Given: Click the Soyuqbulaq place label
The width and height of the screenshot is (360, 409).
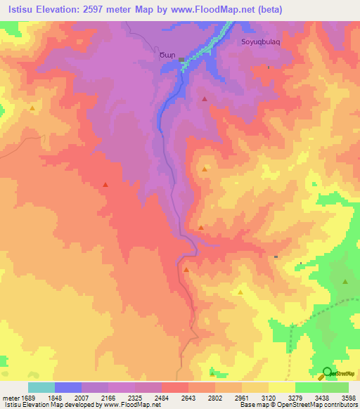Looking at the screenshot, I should click(x=261, y=41).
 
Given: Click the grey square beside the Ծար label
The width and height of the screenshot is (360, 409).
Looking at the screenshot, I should click(x=181, y=59).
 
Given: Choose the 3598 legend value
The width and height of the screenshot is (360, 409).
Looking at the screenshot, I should click(x=349, y=398).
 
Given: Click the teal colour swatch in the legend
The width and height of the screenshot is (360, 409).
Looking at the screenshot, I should click(x=41, y=387).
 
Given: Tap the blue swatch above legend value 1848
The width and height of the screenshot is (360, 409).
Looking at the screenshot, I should click(x=68, y=387).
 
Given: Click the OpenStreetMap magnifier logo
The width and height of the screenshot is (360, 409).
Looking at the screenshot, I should click(x=327, y=372).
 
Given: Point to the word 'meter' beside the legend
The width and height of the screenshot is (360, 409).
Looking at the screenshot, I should click(x=10, y=398).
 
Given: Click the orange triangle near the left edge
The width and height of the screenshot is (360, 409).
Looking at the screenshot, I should click(x=32, y=108).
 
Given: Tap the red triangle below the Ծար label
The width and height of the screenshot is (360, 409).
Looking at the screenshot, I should click(x=205, y=99).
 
